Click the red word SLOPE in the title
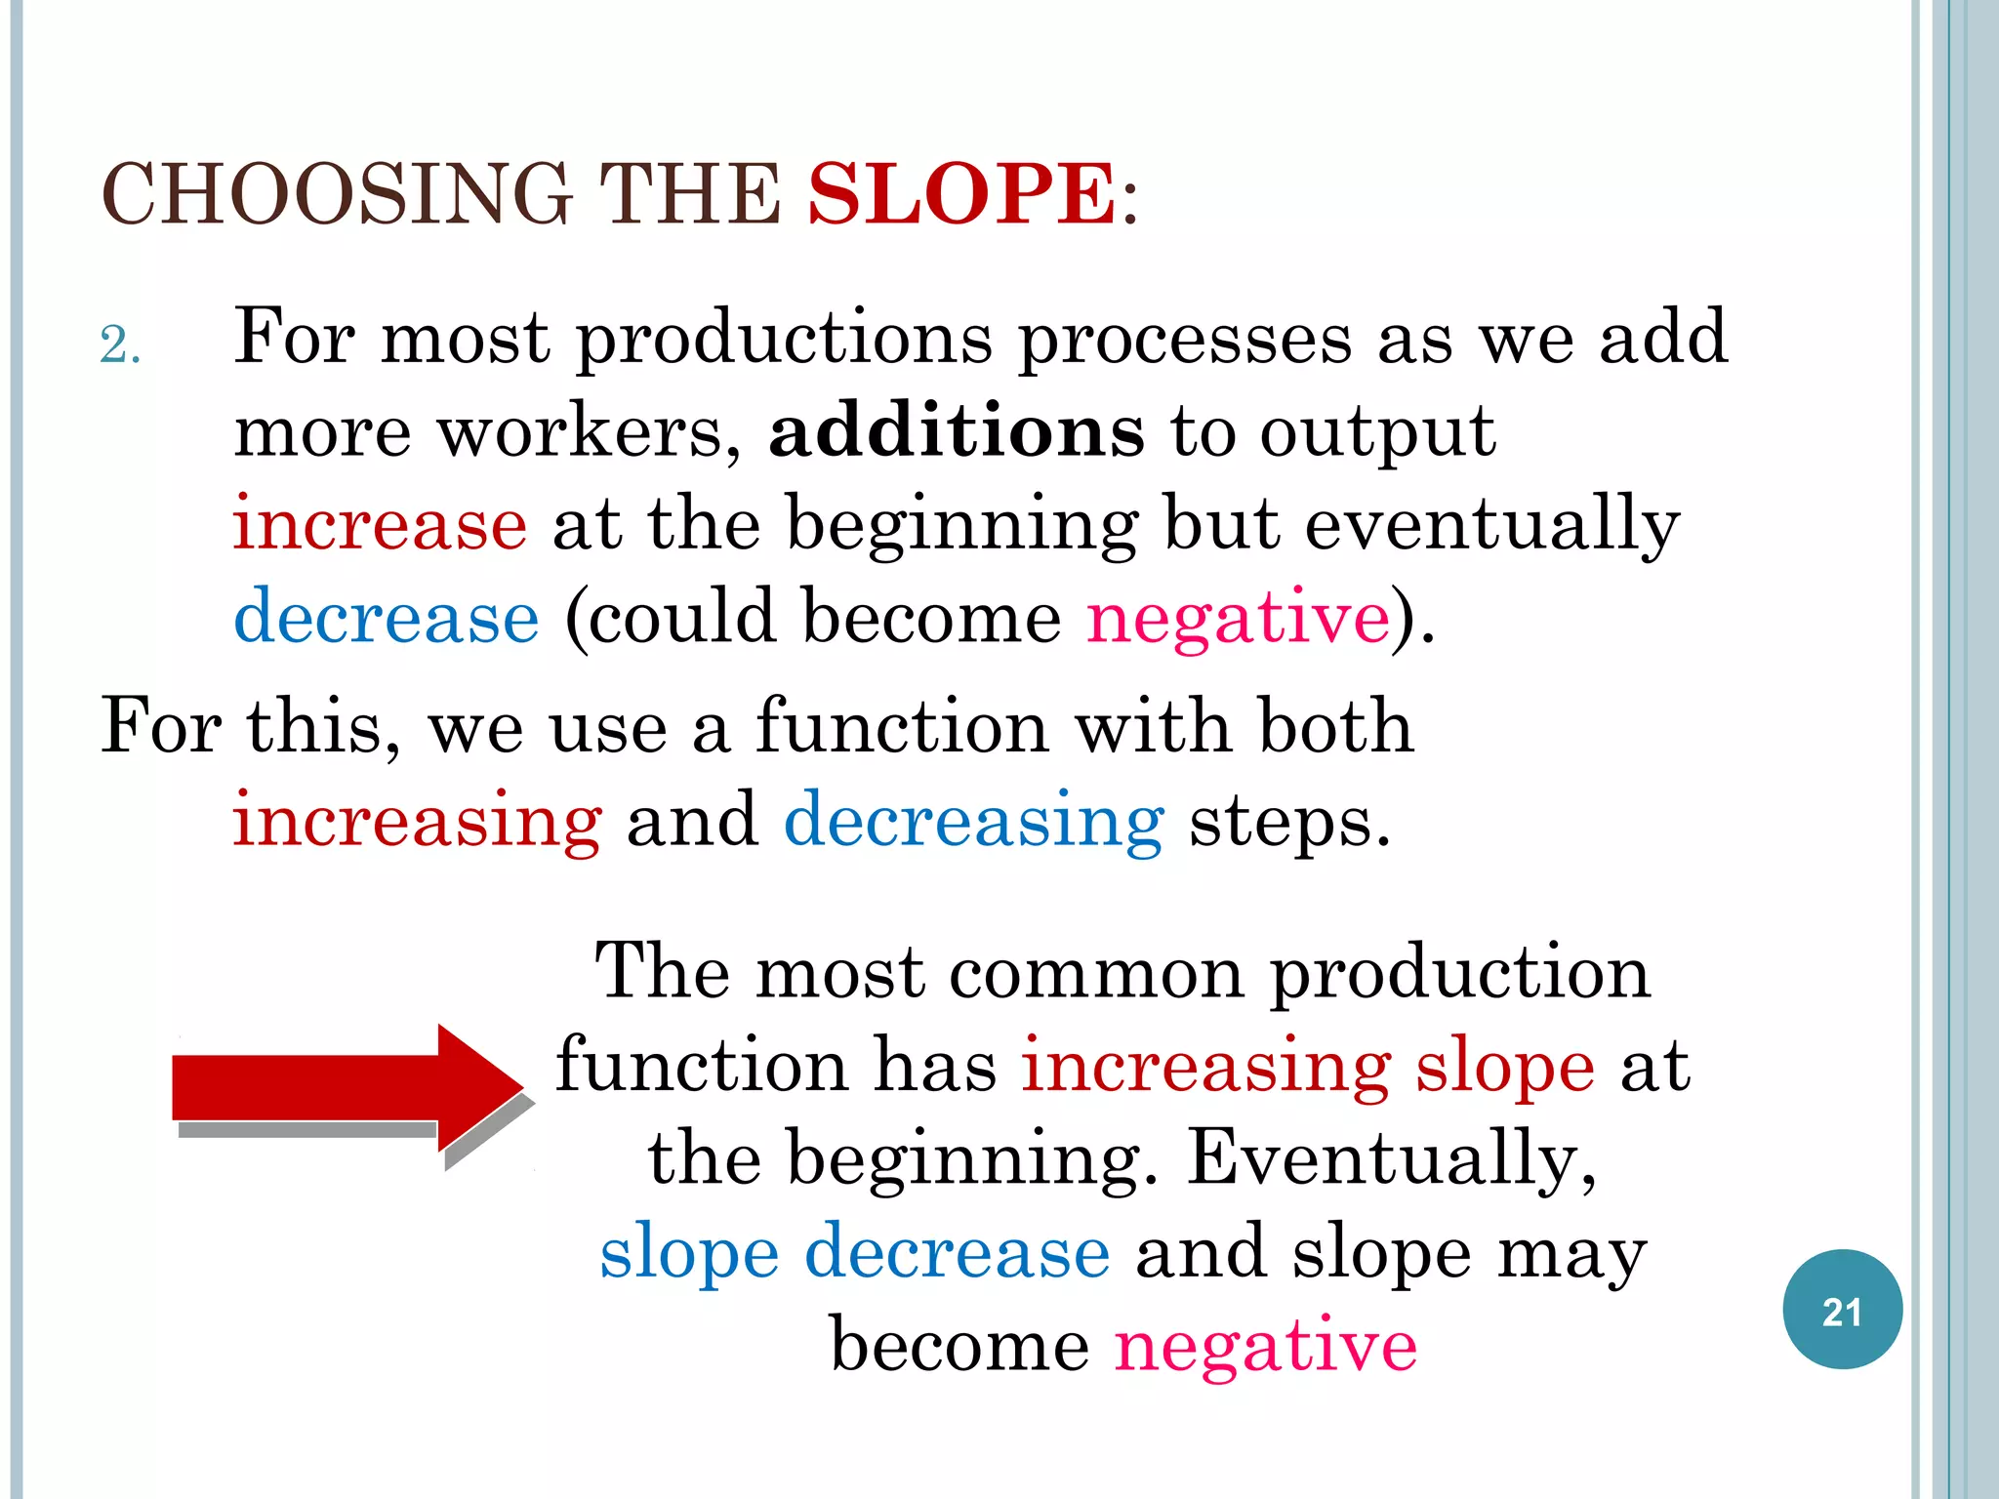point(962,193)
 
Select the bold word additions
point(957,430)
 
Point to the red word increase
point(381,523)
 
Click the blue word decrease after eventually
point(387,617)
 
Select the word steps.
point(1289,822)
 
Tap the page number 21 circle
point(1842,1310)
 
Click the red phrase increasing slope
point(1308,1066)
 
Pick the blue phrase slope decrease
point(854,1253)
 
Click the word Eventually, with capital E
point(1392,1159)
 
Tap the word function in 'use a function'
point(901,727)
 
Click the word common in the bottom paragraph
point(1096,972)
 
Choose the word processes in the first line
point(1185,339)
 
